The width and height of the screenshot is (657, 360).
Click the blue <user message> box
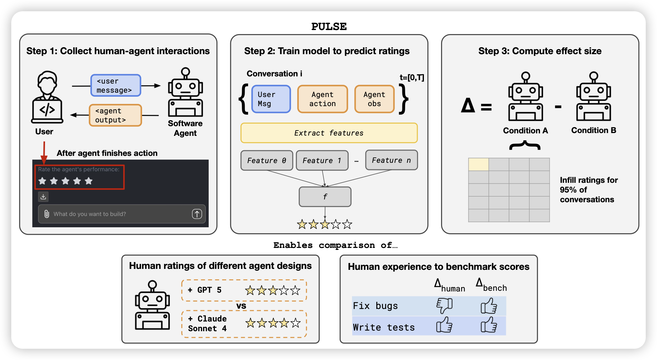click(116, 85)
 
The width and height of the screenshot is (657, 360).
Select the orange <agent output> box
click(115, 115)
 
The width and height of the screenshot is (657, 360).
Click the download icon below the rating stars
click(43, 197)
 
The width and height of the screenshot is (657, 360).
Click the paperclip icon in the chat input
click(47, 214)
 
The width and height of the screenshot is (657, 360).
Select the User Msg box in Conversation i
click(271, 99)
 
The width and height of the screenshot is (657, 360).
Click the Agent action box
click(323, 99)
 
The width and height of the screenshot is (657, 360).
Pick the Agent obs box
click(374, 99)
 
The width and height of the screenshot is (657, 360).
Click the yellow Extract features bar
click(329, 133)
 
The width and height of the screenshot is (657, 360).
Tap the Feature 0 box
click(267, 160)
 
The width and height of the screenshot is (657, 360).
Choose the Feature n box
click(391, 160)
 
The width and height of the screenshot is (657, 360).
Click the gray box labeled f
click(325, 197)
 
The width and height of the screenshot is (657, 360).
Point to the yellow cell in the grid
click(478, 164)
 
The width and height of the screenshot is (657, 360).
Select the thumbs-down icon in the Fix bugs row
click(445, 306)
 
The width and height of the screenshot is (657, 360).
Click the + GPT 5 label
click(205, 290)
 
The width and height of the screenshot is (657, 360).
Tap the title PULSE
click(329, 27)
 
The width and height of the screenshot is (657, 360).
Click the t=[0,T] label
click(412, 77)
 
